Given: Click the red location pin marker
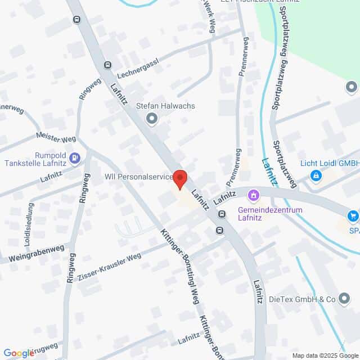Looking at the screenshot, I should click(x=180, y=179).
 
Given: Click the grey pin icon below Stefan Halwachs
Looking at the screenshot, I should click(x=151, y=118).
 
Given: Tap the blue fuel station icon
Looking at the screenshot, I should click(x=76, y=158).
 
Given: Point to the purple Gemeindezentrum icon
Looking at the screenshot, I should click(x=254, y=196).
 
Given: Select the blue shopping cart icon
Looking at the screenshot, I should click(x=353, y=215).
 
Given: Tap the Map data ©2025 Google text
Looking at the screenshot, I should click(x=325, y=355).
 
